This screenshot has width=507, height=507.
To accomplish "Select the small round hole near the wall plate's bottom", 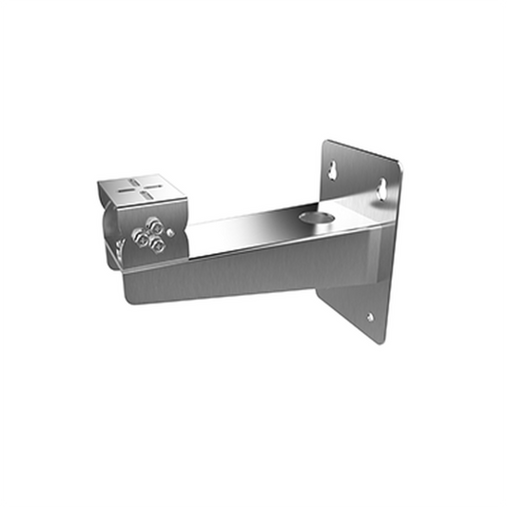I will pyautogui.click(x=371, y=319).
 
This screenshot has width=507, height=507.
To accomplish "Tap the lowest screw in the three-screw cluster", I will pyautogui.click(x=157, y=246).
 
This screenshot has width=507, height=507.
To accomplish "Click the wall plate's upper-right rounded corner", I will pyautogui.click(x=398, y=170).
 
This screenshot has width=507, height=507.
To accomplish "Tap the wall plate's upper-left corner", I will pyautogui.click(x=324, y=144).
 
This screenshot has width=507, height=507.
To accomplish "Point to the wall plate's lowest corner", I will pyautogui.click(x=385, y=340).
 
